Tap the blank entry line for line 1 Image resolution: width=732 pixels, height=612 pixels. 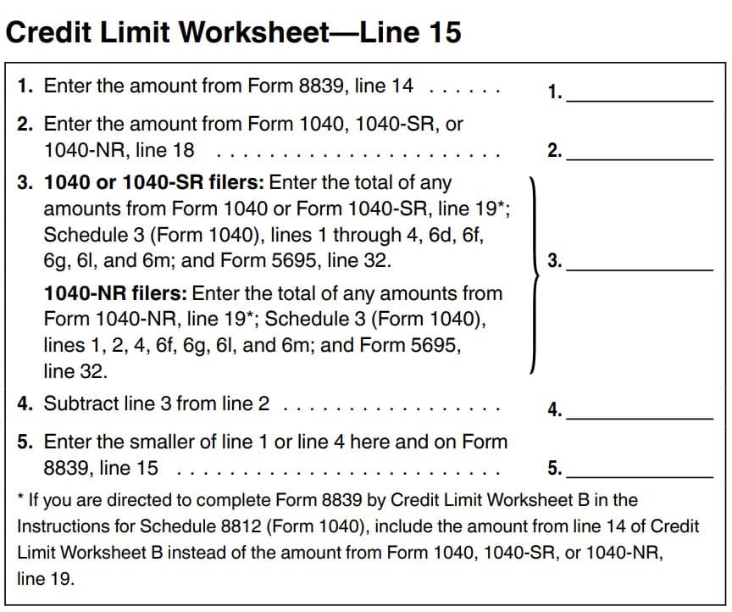tap(640, 99)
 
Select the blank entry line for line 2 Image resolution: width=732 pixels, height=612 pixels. tap(640, 158)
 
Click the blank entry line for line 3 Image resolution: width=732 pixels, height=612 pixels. tap(640, 268)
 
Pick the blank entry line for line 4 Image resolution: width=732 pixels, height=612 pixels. tap(640, 417)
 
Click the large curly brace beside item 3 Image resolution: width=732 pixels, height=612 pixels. tap(533, 275)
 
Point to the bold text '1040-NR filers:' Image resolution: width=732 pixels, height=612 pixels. tap(116, 293)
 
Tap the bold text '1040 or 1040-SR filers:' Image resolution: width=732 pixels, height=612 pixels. tap(154, 182)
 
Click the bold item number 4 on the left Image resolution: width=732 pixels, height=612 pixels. tap(25, 403)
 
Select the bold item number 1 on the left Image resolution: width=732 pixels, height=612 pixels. tap(25, 86)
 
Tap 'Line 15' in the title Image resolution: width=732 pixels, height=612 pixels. tap(411, 32)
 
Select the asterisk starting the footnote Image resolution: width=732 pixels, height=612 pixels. tap(20, 499)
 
